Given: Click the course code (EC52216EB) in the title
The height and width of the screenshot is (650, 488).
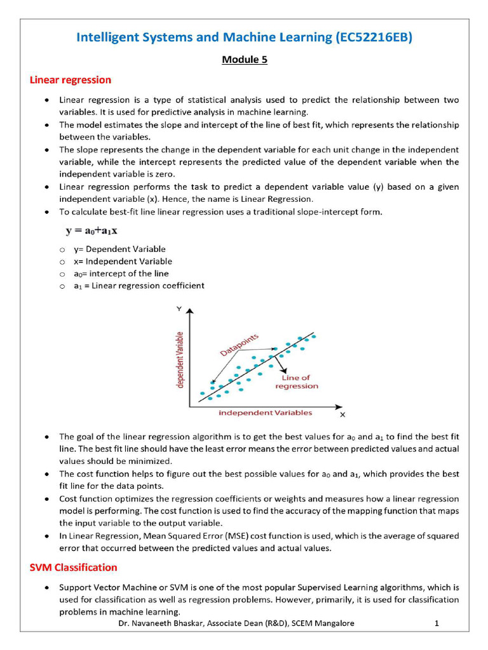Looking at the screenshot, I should pyautogui.click(x=373, y=37).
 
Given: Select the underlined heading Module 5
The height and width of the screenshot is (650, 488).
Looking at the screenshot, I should pyautogui.click(x=244, y=60).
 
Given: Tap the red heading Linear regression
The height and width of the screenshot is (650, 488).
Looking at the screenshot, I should pyautogui.click(x=71, y=80).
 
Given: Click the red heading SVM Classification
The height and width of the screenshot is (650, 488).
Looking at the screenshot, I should pyautogui.click(x=74, y=567).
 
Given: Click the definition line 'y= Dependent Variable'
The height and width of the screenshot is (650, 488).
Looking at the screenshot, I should pyautogui.click(x=119, y=249).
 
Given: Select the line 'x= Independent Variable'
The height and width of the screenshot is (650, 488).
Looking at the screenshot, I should pyautogui.click(x=122, y=262).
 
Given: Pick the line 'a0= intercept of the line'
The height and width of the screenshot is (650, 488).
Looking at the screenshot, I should pyautogui.click(x=121, y=274).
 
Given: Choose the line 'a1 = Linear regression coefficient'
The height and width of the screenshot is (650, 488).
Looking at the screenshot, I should pyautogui.click(x=139, y=286).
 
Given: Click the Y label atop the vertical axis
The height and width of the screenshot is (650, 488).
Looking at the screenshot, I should pyautogui.click(x=180, y=308).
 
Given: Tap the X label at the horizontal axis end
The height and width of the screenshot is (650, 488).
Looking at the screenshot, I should pyautogui.click(x=342, y=415).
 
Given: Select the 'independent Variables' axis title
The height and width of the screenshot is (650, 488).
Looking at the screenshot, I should pyautogui.click(x=265, y=413).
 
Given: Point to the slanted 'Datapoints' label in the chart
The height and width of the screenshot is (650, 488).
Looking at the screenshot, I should pyautogui.click(x=239, y=346).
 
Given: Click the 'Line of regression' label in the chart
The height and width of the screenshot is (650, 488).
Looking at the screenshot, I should pyautogui.click(x=296, y=382).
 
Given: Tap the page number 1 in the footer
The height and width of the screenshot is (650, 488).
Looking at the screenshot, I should pyautogui.click(x=437, y=623).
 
